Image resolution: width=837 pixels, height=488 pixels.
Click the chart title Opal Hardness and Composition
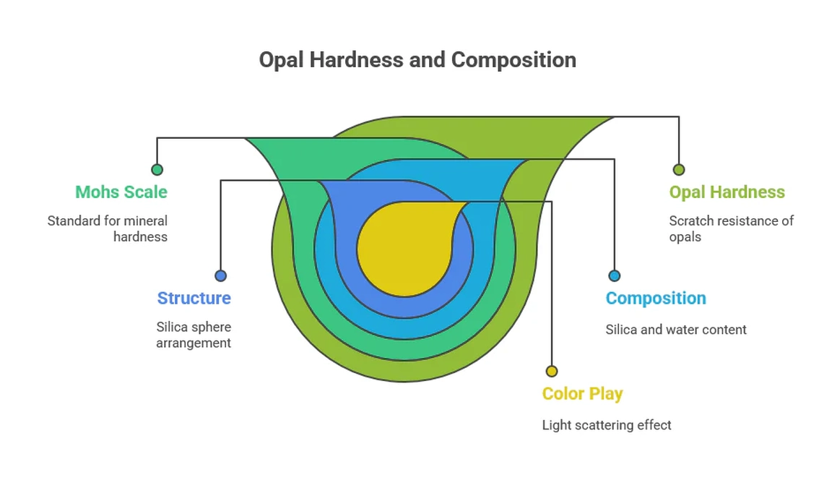[417, 59]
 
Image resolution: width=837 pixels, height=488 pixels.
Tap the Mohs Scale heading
[121, 192]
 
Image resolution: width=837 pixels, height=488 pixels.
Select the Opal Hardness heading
[727, 192]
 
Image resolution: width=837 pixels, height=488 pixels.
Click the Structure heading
[194, 298]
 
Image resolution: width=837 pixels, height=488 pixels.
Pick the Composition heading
[655, 298]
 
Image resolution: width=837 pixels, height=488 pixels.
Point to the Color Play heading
[582, 394]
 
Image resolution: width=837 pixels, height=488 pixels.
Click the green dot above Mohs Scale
[157, 170]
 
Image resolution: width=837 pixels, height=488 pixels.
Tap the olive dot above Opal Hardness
[678, 170]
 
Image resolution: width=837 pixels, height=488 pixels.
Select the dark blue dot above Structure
[221, 275]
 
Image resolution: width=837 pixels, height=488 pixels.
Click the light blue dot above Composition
[614, 275]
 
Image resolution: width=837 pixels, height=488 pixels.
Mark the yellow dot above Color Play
[552, 371]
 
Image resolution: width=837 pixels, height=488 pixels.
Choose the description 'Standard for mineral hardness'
[108, 228]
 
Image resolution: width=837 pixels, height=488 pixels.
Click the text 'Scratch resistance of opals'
[730, 228]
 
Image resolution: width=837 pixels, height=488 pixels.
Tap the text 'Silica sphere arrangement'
[194, 335]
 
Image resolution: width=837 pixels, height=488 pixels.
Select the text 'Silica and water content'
[675, 330]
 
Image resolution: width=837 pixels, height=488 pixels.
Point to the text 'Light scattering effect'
[606, 425]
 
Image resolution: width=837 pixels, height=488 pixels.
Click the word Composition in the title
[513, 59]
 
